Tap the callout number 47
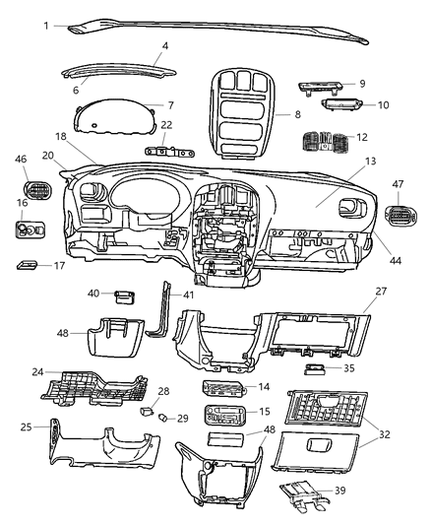[400, 184]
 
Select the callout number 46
[21, 159]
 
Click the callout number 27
[381, 293]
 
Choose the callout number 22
[166, 124]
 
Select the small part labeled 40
[126, 294]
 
